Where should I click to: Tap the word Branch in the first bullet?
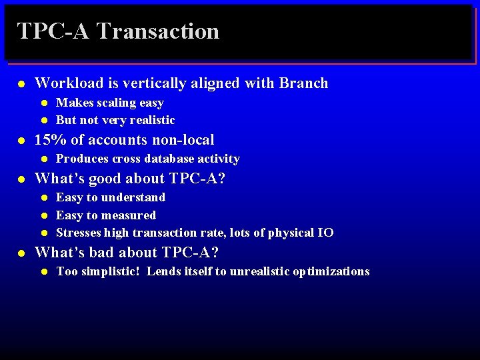303,83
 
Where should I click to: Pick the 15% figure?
49,140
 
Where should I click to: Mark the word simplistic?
110,271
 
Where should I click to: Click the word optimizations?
333,271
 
